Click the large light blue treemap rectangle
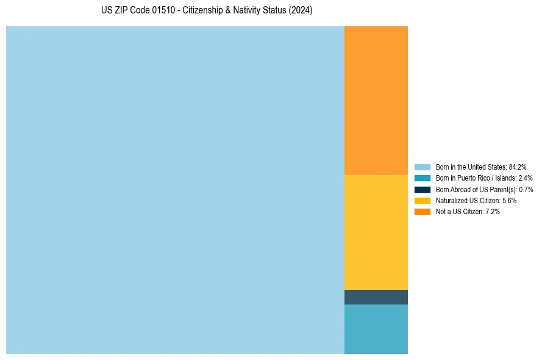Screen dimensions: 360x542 [x=175, y=190]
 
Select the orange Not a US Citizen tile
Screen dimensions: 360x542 [x=376, y=101]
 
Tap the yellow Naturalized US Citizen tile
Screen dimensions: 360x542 [x=376, y=232]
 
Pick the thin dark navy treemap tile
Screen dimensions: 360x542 [x=376, y=297]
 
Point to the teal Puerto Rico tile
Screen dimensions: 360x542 [x=376, y=329]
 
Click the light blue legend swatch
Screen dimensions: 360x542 [x=422, y=167]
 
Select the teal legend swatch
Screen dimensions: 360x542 [x=422, y=178]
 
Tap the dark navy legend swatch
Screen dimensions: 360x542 [x=422, y=189]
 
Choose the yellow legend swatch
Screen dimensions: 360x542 [x=422, y=200]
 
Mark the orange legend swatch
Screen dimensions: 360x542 [x=422, y=212]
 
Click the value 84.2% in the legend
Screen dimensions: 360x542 [x=518, y=167]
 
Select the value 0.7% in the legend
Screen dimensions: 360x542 [x=526, y=189]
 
